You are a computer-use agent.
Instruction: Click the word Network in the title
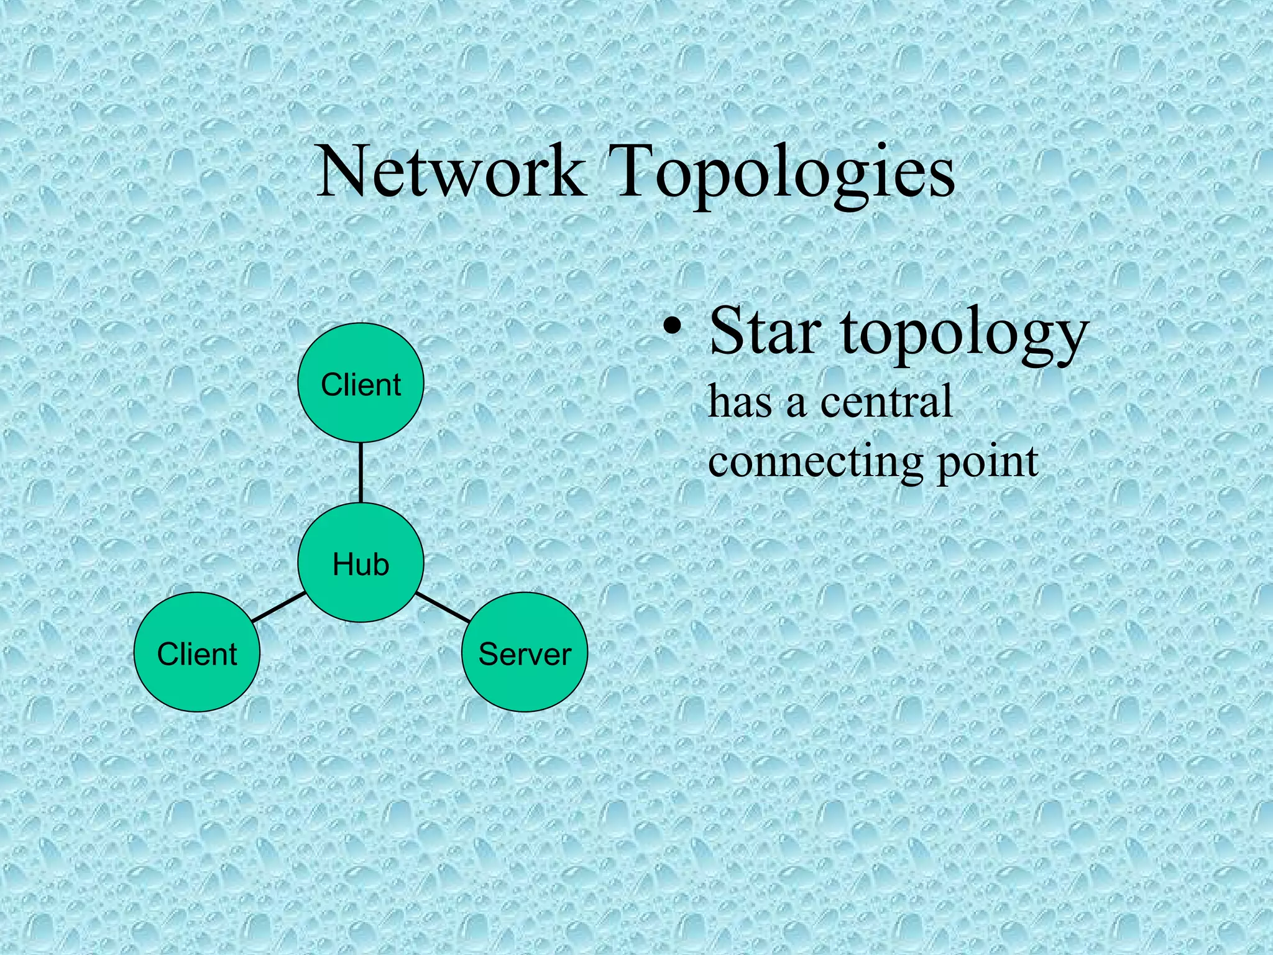point(451,170)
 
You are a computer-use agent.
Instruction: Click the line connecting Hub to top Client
point(361,473)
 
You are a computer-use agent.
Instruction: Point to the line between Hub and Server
point(443,607)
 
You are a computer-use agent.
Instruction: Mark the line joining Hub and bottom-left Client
point(278,607)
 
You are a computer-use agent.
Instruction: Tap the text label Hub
point(361,565)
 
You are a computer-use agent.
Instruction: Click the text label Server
point(525,654)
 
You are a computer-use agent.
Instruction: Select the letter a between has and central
point(796,404)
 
